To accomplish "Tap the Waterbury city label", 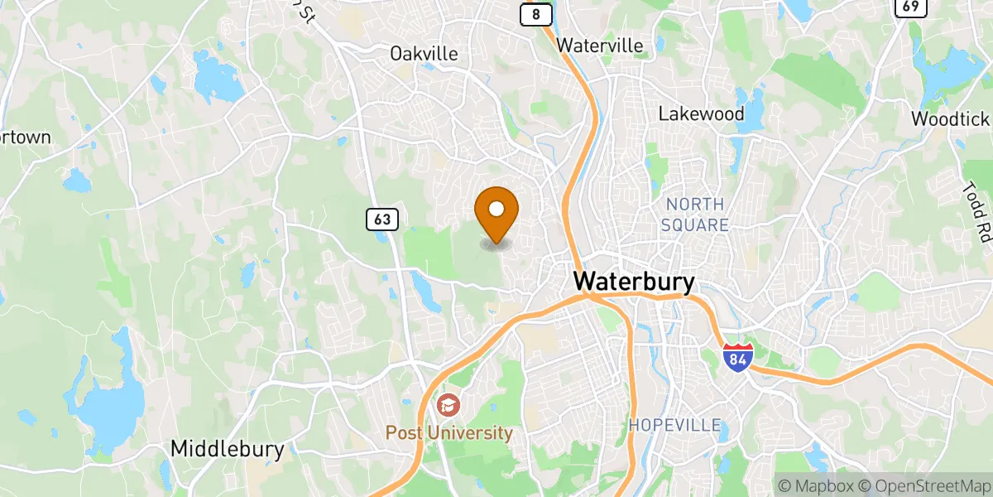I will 635,282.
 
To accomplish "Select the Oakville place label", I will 424,54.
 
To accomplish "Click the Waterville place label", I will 600,46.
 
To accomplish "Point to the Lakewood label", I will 701,114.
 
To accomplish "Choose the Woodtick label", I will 951,118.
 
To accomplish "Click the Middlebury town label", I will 228,450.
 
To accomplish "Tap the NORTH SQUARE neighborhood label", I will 695,215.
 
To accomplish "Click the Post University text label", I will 449,433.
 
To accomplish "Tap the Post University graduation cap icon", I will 448,405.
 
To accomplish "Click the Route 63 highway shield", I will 381,220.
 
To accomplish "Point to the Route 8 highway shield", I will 536,14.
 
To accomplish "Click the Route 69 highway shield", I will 909,7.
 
